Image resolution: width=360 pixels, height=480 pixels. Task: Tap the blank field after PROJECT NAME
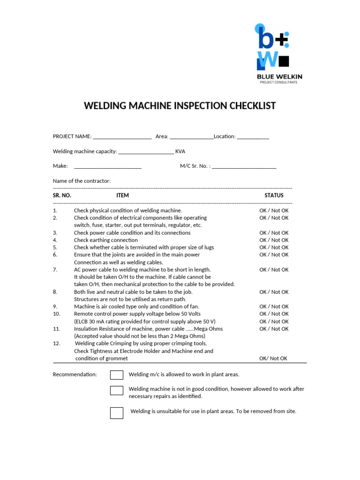(x=122, y=136)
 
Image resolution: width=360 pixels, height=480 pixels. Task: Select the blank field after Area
(x=191, y=136)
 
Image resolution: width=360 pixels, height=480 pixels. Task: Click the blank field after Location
(x=253, y=136)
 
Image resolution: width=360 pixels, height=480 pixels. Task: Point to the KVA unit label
(x=180, y=151)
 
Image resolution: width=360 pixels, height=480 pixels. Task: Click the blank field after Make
(x=108, y=166)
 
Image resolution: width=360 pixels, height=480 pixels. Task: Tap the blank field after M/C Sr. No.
(x=244, y=166)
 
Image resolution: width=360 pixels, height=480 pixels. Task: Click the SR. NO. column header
(x=62, y=195)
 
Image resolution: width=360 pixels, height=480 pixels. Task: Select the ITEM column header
(x=122, y=195)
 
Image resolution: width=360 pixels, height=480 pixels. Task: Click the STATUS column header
(x=274, y=195)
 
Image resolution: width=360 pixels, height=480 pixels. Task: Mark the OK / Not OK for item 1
(x=274, y=210)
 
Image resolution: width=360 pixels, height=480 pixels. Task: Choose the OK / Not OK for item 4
(x=274, y=240)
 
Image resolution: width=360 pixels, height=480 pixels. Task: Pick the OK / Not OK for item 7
(x=274, y=270)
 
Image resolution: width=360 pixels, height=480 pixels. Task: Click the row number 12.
(x=56, y=344)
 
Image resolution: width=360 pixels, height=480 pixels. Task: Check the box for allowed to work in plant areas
(x=117, y=375)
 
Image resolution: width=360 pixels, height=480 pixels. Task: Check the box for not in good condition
(x=117, y=390)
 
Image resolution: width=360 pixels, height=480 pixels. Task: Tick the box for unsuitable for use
(x=117, y=412)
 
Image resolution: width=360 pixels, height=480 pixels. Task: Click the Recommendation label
(x=75, y=375)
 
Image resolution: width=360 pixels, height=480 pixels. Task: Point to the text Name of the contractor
(x=82, y=181)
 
